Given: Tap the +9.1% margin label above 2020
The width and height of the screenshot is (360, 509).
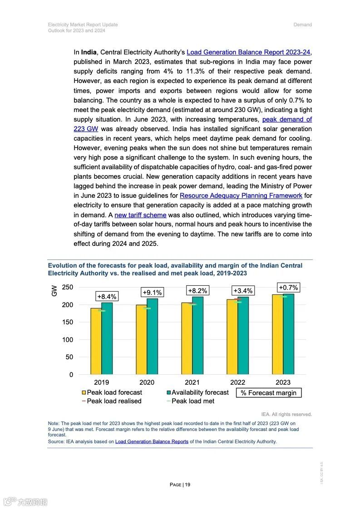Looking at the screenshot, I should pos(152,293).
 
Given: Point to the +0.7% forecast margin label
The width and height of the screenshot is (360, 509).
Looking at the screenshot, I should pos(288,288).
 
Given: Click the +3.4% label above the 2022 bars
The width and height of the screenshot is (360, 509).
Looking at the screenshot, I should pos(243,290).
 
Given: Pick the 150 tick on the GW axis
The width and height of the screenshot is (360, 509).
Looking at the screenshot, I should pos(67,322).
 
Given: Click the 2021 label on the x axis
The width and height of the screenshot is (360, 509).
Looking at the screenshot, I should pos(192,382).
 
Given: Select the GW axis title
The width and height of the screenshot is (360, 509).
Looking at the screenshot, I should pos(54,291).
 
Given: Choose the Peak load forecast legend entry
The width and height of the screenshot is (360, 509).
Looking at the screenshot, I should pos(112,392).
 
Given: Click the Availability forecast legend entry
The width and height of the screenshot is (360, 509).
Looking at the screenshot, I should pos(197,392).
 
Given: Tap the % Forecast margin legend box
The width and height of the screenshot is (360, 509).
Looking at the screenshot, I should pos(268,393).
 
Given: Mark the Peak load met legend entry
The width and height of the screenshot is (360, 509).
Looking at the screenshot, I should pos(190,401).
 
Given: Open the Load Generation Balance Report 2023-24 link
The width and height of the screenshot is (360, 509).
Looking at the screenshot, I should pos(249,52).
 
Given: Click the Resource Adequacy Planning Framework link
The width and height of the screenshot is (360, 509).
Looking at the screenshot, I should pos(241,196).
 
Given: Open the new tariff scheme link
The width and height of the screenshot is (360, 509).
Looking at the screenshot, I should pos(140,215).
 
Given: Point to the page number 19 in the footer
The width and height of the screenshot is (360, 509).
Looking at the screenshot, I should pos(187,485).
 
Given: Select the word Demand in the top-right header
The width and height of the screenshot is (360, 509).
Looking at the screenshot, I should pos(302,24).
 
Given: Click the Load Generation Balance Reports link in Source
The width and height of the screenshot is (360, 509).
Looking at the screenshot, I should pos(152,441).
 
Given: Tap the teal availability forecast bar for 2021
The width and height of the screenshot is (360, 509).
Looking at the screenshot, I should pos(197,335).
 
